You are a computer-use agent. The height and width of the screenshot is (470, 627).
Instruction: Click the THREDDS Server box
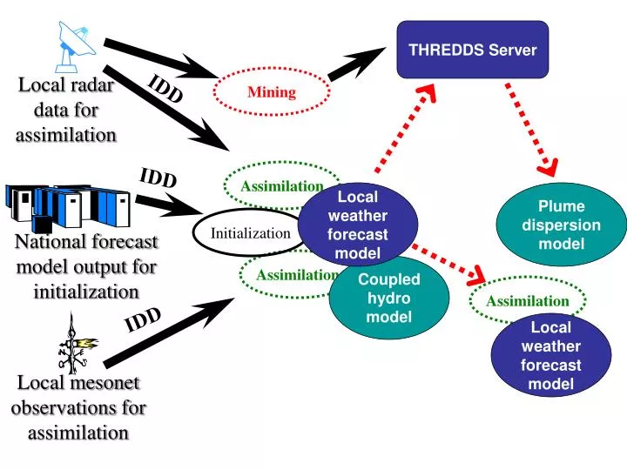[x=473, y=50]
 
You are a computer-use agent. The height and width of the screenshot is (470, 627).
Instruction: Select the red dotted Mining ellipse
[x=272, y=92]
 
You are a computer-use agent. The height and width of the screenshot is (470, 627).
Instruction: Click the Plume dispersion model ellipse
[x=561, y=225]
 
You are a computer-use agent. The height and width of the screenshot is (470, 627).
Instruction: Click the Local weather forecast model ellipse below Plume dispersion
[x=550, y=355]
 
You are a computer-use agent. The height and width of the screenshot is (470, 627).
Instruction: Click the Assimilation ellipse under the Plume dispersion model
[x=527, y=301]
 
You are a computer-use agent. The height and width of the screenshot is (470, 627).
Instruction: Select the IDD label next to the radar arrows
[x=165, y=89]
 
